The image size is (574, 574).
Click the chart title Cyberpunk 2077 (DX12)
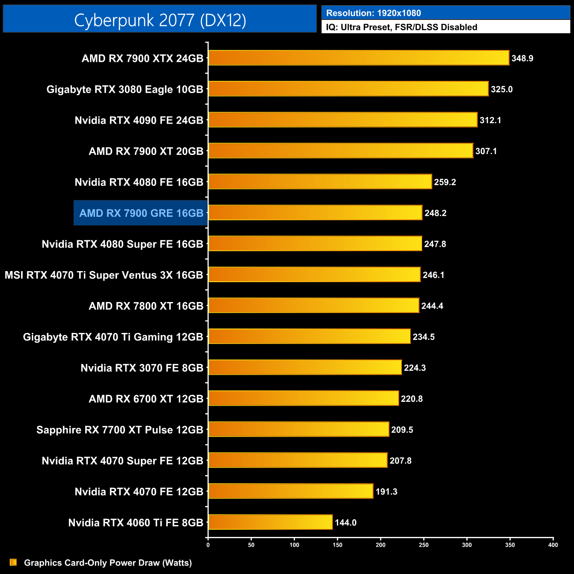click(x=160, y=20)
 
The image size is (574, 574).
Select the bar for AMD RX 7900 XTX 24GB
click(x=359, y=58)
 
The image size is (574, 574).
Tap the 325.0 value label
click(x=501, y=89)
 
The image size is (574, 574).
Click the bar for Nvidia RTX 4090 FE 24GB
click(x=343, y=120)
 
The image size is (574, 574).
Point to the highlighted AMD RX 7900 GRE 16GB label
click(x=141, y=213)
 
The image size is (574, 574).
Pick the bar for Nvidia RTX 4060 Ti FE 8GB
click(x=270, y=522)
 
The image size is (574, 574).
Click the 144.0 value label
click(x=345, y=522)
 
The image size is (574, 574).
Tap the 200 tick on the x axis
click(x=381, y=545)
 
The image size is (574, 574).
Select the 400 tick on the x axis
click(x=553, y=545)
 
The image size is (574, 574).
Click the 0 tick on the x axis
click(x=208, y=545)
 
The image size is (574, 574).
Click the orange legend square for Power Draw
click(x=13, y=562)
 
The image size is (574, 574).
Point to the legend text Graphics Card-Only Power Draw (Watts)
click(x=108, y=563)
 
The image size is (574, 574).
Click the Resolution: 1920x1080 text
click(x=374, y=13)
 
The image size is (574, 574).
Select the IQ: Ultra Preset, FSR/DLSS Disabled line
click(x=401, y=27)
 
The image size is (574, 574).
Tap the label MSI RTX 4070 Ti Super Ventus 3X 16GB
click(x=104, y=275)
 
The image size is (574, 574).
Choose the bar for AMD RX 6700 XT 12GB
click(x=303, y=398)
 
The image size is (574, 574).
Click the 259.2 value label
click(x=445, y=182)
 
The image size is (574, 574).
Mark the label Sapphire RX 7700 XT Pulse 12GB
click(x=120, y=430)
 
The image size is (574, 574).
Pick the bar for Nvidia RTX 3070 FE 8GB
click(x=305, y=367)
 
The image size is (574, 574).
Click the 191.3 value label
click(x=386, y=491)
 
